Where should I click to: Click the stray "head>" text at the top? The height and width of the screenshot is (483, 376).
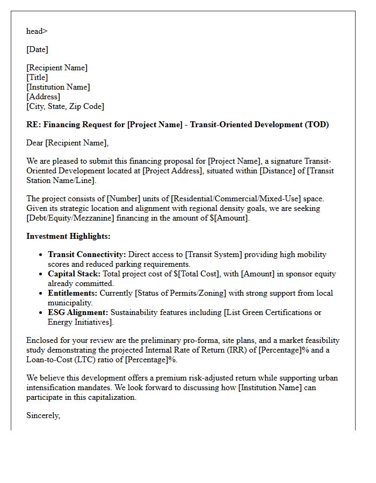point(37,31)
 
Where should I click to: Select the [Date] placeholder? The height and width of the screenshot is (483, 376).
point(37,49)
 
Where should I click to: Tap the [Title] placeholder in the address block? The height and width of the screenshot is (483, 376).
point(37,77)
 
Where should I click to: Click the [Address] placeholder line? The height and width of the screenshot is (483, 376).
point(43,97)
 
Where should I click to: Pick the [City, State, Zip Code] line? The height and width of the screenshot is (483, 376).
point(65,106)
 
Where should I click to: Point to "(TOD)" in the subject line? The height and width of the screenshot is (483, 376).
point(317,125)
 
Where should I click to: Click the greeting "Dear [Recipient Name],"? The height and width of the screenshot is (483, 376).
point(67,143)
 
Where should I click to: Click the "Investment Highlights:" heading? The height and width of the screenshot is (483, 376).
point(68,236)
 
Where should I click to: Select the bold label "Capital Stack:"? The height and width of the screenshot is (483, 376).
point(74,274)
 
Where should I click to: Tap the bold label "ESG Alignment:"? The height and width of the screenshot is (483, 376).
point(78,312)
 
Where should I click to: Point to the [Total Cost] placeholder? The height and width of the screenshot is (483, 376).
point(200,274)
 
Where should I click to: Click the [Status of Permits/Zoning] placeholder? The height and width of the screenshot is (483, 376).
point(182,293)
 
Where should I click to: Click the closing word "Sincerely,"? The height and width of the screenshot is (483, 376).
point(43,415)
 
